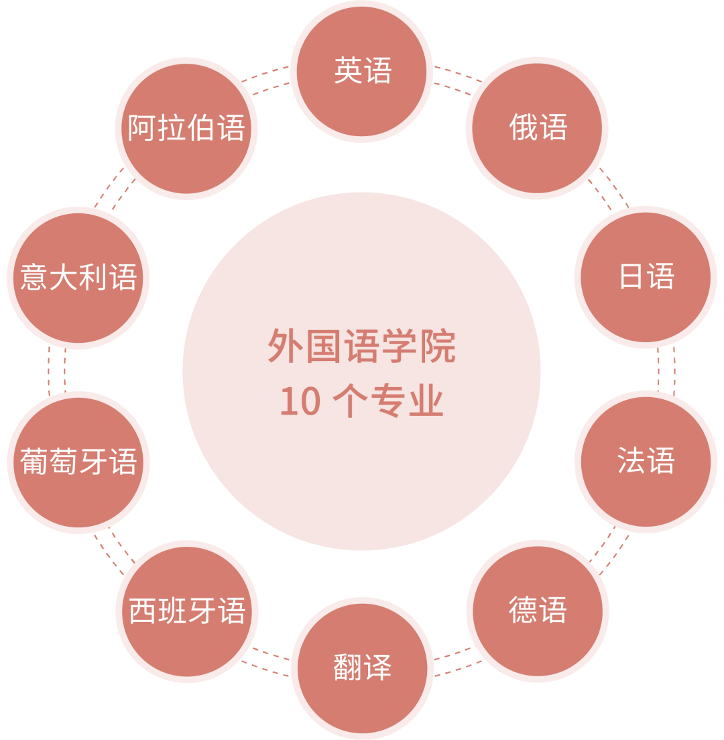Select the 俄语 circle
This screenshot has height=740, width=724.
point(538,127)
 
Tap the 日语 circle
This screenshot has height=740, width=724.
point(646,276)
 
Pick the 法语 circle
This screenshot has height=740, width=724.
point(646,462)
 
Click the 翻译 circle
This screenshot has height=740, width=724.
point(362,668)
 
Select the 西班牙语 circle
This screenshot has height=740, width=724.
point(187,611)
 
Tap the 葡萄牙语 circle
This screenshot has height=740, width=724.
point(78,462)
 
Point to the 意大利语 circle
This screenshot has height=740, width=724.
point(78,277)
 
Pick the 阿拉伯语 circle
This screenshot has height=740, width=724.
point(186,128)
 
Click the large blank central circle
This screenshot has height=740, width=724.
point(361,371)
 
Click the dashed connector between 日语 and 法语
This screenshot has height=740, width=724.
point(666,368)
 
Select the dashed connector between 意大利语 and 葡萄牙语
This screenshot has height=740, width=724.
point(57,369)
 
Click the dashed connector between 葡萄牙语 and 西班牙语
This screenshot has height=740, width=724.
point(111,549)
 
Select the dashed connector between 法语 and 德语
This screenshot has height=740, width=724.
point(611,549)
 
